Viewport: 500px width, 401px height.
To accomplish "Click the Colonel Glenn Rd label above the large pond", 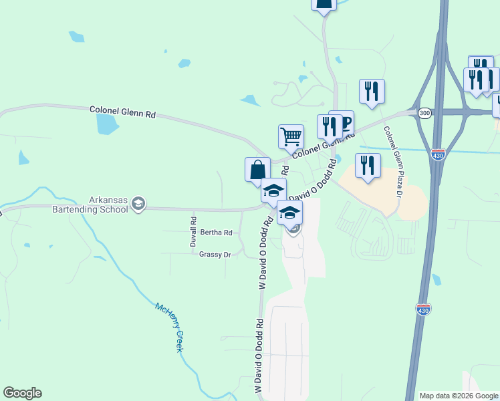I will pyautogui.click(x=123, y=111).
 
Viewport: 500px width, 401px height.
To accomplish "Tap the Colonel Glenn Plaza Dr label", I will pyautogui.click(x=392, y=162).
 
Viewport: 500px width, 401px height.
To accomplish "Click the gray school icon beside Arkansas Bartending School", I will pyautogui.click(x=138, y=204).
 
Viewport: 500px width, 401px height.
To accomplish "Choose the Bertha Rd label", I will pyautogui.click(x=216, y=233).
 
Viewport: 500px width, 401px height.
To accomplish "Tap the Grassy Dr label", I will pyautogui.click(x=215, y=255).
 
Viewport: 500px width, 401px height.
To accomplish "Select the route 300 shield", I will pyautogui.click(x=424, y=114).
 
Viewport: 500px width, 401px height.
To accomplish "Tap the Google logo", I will pyautogui.click(x=22, y=393).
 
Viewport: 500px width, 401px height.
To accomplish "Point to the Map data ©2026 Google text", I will pyautogui.click(x=459, y=396).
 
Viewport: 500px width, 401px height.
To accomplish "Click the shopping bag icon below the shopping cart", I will pyautogui.click(x=257, y=169).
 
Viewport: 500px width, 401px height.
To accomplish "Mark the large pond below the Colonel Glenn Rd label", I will pyautogui.click(x=106, y=124).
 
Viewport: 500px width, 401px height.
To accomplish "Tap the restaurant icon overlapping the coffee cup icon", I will pyautogui.click(x=330, y=126).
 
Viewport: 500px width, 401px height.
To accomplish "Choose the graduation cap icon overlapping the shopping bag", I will pyautogui.click(x=273, y=190).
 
